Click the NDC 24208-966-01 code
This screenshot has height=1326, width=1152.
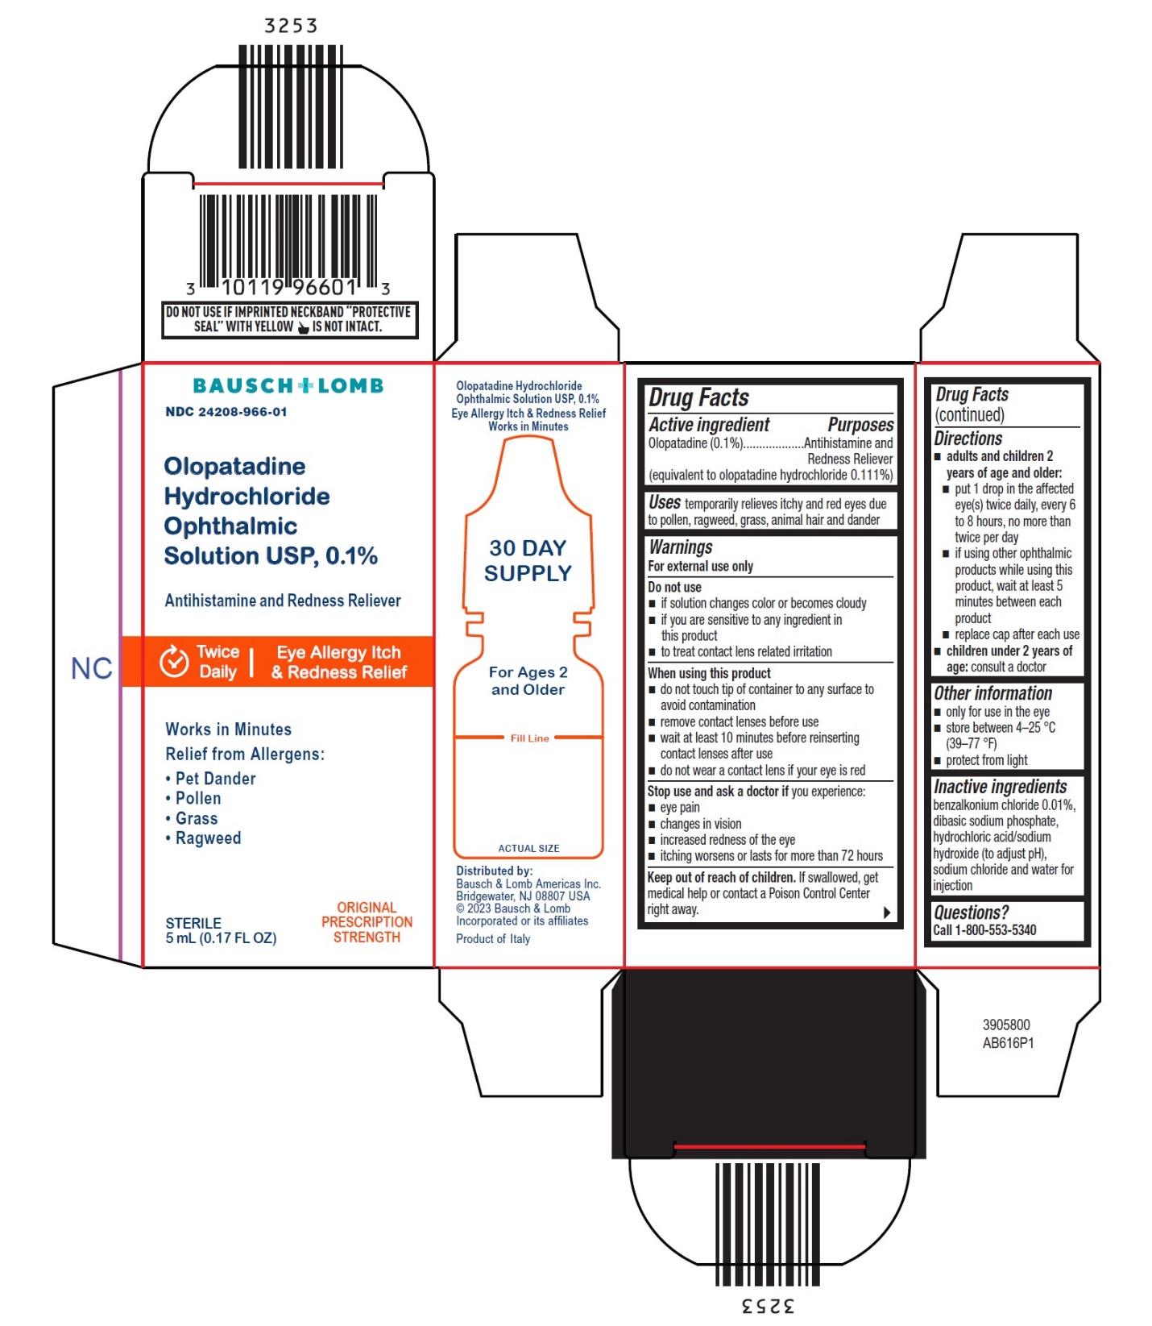tap(226, 412)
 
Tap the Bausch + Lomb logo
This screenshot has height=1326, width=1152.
tap(288, 386)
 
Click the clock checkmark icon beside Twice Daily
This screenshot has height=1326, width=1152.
tap(174, 662)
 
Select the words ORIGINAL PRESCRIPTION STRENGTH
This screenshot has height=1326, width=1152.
tap(367, 922)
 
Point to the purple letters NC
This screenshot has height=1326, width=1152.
tap(91, 668)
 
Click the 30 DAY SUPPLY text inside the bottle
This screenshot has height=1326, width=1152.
tap(528, 560)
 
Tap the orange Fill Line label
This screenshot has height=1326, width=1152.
tap(529, 738)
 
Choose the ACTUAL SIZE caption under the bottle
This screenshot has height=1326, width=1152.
tap(528, 848)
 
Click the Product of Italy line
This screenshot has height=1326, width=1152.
tap(493, 939)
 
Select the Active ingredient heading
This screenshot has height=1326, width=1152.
tap(709, 425)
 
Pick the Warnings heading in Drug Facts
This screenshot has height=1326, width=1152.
tap(681, 547)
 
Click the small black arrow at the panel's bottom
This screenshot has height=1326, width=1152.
tap(886, 912)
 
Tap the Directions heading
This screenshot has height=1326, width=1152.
tap(968, 439)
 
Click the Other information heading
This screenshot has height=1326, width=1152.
tap(992, 693)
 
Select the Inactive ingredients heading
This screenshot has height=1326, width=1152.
tap(1000, 787)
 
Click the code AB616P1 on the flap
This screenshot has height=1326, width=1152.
tap(1008, 1043)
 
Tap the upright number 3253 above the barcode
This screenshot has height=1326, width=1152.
tap(291, 26)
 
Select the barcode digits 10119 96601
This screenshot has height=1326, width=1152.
tap(288, 288)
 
